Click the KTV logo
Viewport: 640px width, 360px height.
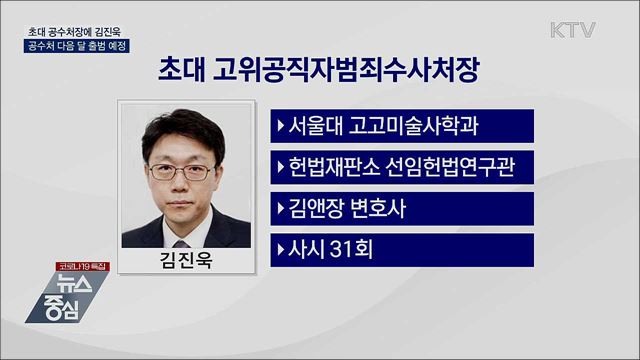pyautogui.click(x=572, y=29)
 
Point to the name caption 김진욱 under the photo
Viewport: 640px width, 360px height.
pyautogui.click(x=188, y=262)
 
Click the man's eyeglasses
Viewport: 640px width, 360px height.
pyautogui.click(x=187, y=171)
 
